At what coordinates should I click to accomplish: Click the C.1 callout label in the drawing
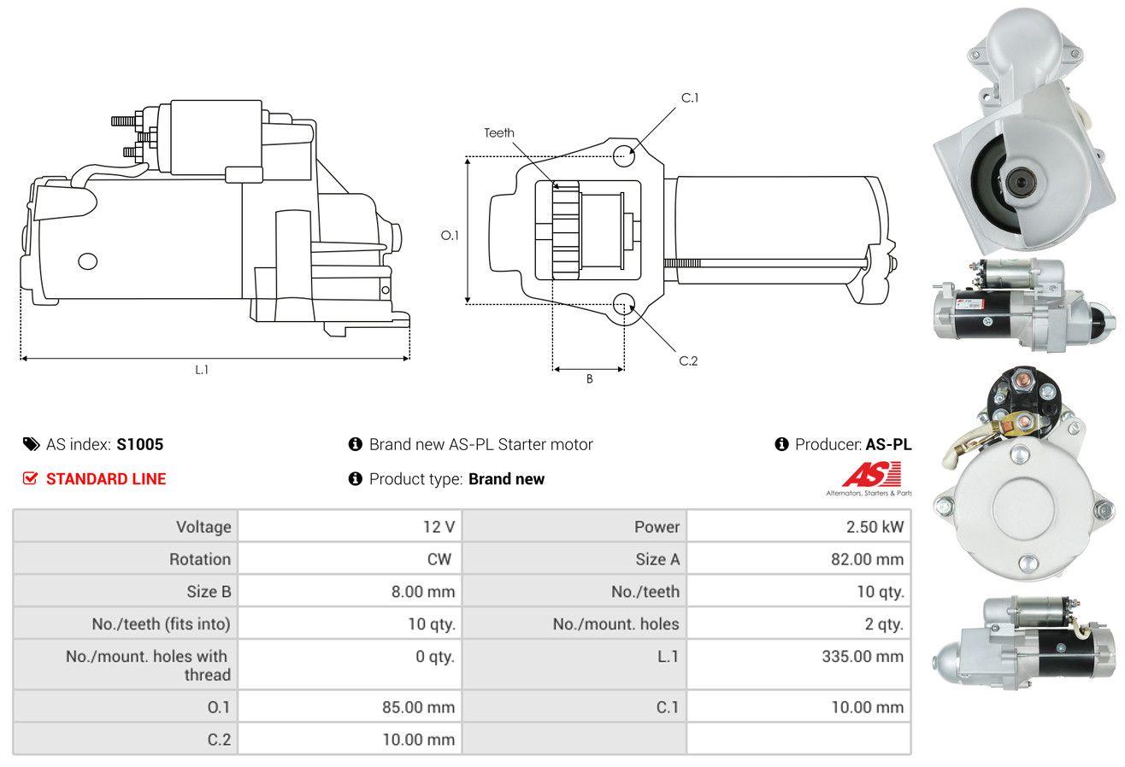[690, 98]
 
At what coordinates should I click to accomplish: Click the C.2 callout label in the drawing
[688, 360]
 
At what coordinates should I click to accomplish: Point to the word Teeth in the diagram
[498, 133]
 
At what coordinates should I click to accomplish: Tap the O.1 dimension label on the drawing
[450, 235]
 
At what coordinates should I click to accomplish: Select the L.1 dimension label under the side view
[202, 370]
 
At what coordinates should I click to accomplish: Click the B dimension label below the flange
[590, 379]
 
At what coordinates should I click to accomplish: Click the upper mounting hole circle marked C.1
[624, 155]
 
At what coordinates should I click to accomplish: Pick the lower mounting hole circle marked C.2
[624, 304]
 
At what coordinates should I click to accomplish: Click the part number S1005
[139, 444]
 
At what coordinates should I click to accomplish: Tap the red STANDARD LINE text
[106, 479]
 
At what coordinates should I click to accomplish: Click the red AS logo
[872, 474]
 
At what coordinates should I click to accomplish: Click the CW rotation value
[439, 559]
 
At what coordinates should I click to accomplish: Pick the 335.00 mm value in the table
[863, 656]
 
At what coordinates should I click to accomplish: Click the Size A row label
[657, 559]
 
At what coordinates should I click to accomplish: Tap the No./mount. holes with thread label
[148, 665]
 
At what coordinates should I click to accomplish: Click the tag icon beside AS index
[31, 444]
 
